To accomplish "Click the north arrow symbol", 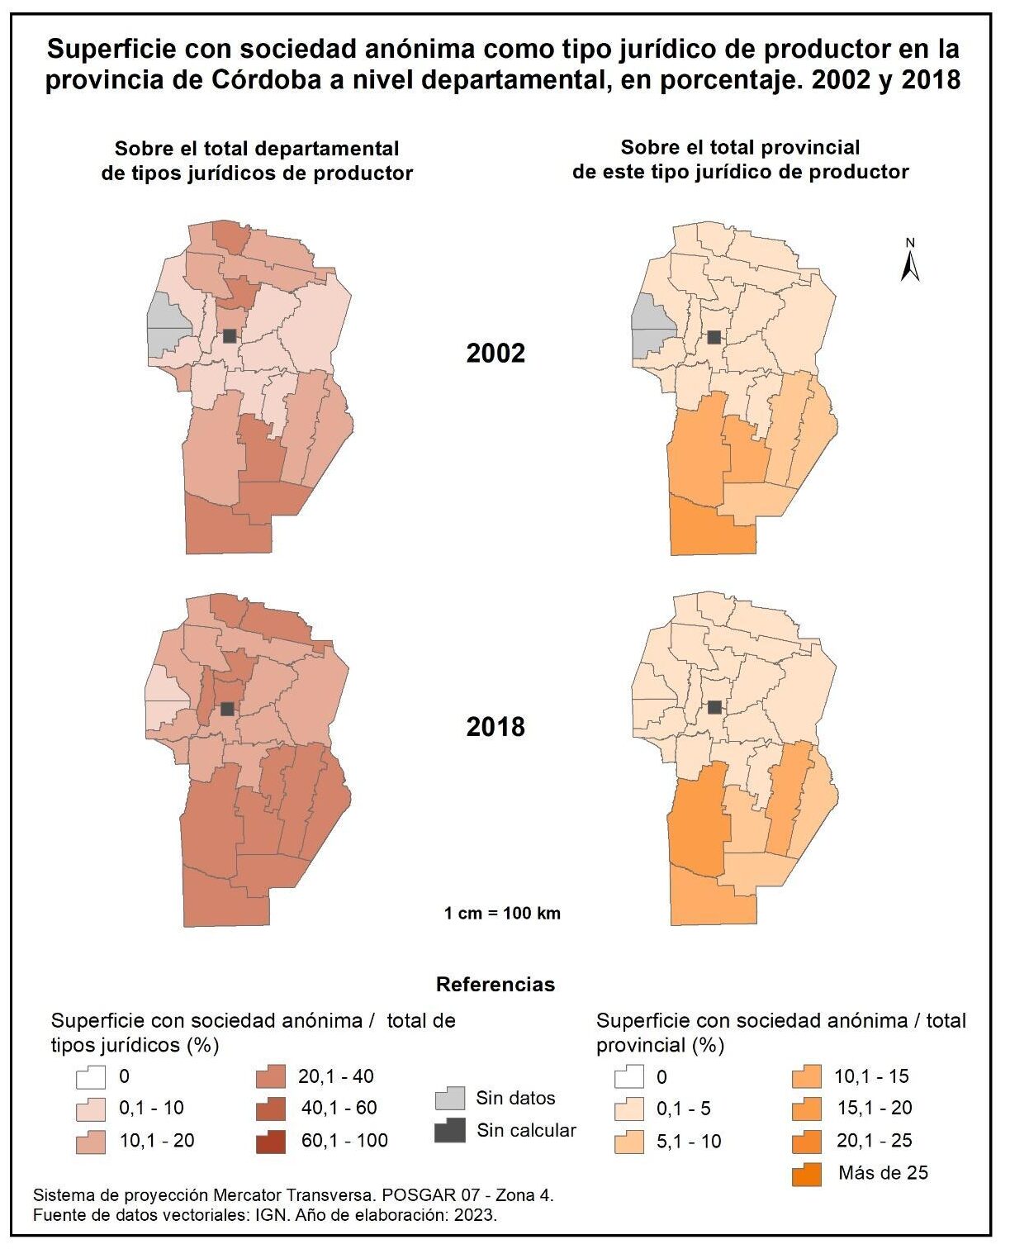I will click(x=910, y=261).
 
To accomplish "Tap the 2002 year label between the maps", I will click(x=496, y=354).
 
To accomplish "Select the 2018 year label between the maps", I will click(x=496, y=727).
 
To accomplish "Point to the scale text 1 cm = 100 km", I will click(x=502, y=913).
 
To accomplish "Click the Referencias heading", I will click(x=496, y=984).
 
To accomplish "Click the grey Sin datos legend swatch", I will click(x=450, y=1099).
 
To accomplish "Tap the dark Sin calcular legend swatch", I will click(x=450, y=1130).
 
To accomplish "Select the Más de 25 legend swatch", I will click(x=807, y=1174).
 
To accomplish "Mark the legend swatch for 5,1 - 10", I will click(x=629, y=1142).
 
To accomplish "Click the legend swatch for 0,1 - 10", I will click(x=91, y=1109).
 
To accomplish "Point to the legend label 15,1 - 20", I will click(x=875, y=1108).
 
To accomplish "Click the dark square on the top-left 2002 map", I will click(x=230, y=335).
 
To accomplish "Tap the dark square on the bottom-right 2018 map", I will click(x=715, y=707).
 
